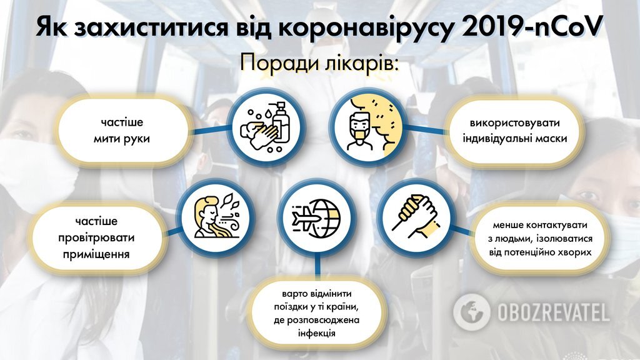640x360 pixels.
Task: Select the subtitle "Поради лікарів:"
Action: pyautogui.click(x=319, y=64)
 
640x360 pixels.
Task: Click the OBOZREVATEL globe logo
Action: pyautogui.click(x=471, y=311)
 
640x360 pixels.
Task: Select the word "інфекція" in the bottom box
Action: pyautogui.click(x=317, y=333)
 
